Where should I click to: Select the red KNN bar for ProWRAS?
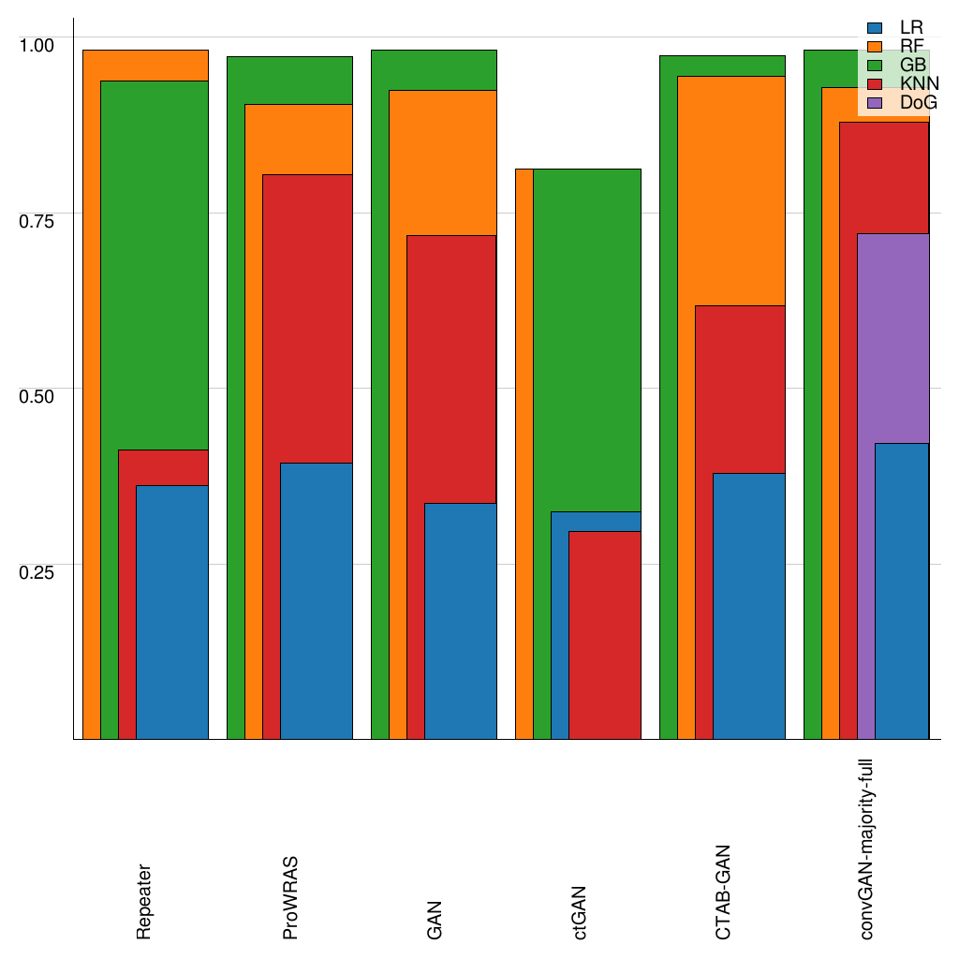307,318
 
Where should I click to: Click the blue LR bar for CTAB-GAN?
748,606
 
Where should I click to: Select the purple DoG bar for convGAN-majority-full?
893,337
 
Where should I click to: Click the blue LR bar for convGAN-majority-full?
901,591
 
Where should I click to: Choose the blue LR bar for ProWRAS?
316,600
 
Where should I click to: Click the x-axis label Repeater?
144,901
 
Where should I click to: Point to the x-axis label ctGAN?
581,911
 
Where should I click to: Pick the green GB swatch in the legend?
876,65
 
